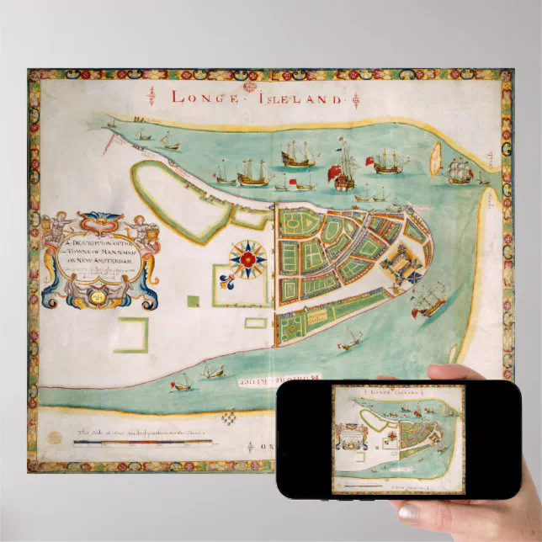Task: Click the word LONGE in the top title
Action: pos(201,95)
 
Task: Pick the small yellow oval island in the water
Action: pos(436,157)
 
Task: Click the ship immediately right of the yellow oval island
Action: pos(460,171)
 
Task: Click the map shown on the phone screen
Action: pos(399,438)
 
